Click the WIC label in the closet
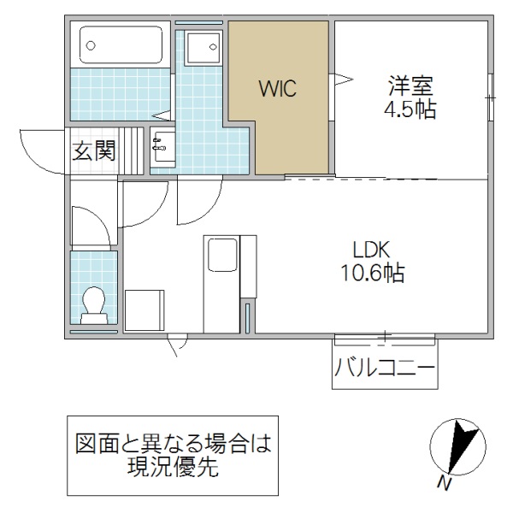click(x=278, y=88)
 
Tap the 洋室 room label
click(x=411, y=86)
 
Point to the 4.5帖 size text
click(x=411, y=111)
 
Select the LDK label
click(x=371, y=250)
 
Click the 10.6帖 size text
click(x=371, y=274)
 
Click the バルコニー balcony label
click(x=385, y=370)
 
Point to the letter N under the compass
click(x=444, y=484)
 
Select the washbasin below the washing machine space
click(x=162, y=150)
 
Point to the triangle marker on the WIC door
click(x=343, y=81)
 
